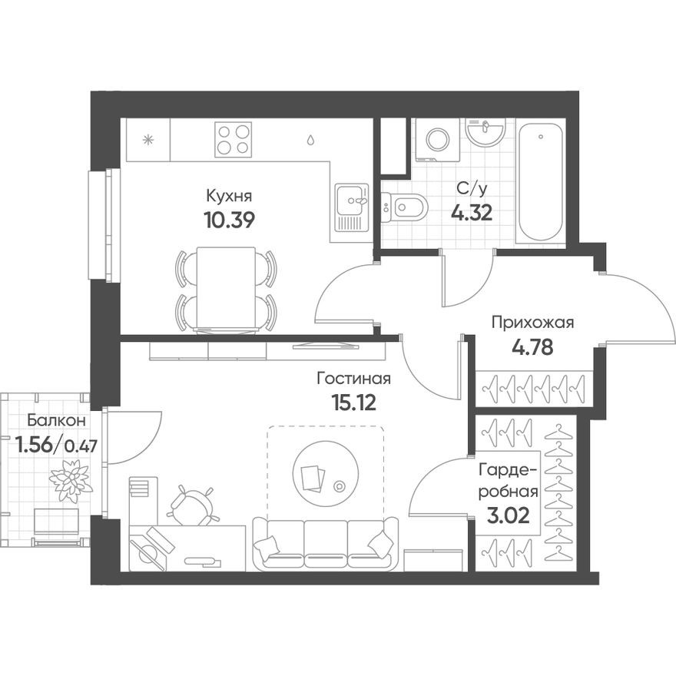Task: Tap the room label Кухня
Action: click(x=229, y=196)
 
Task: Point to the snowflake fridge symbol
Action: click(x=148, y=140)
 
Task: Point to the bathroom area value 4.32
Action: click(x=471, y=211)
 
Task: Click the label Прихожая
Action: click(x=533, y=323)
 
